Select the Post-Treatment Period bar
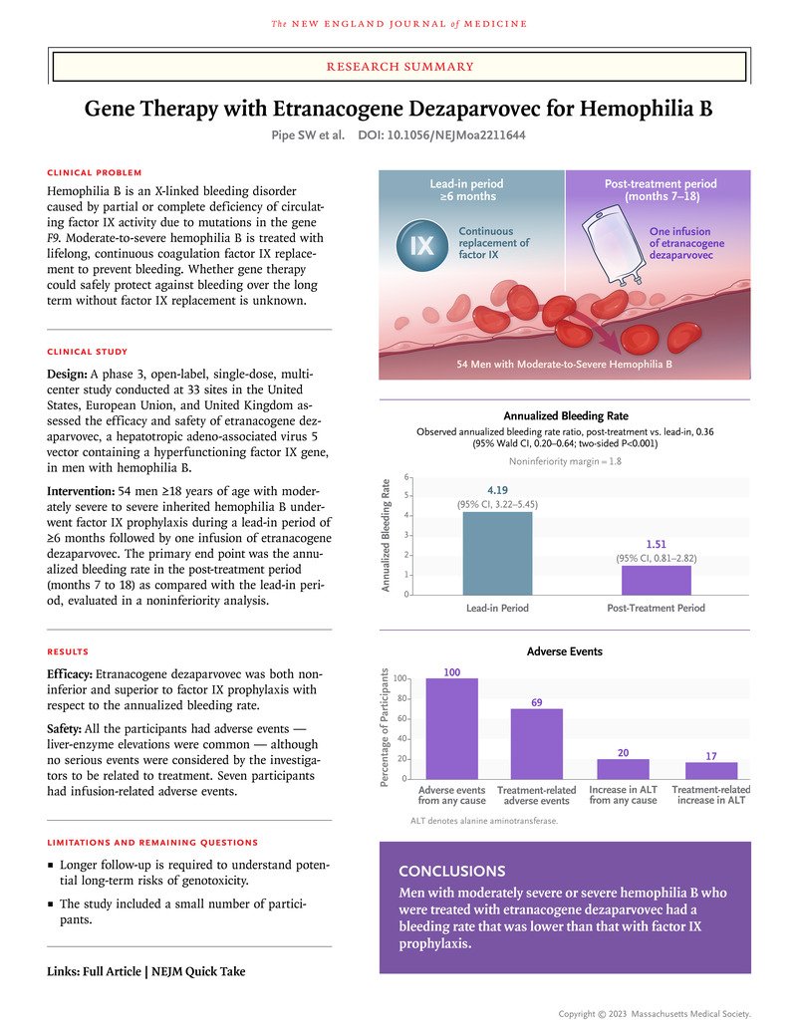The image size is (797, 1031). [656, 580]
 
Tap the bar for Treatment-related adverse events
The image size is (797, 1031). [537, 743]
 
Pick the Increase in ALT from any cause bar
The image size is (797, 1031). [623, 768]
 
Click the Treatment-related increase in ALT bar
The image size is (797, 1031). [711, 770]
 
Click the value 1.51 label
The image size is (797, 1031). [656, 545]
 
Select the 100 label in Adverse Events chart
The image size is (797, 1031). [451, 672]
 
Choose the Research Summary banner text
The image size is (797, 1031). [398, 67]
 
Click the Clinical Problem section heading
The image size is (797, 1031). [95, 172]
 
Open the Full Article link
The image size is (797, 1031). [113, 971]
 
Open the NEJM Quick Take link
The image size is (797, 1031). [198, 971]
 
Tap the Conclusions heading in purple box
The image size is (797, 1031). [451, 870]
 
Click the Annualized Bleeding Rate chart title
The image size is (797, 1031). [565, 415]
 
